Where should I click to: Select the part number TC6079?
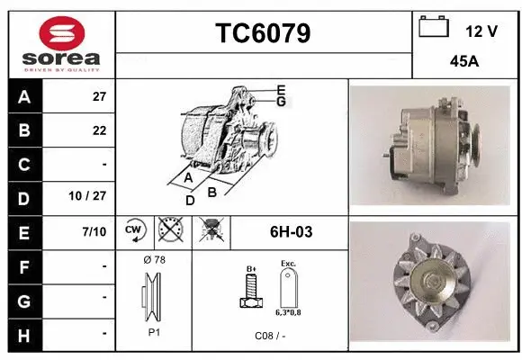coord(264,33)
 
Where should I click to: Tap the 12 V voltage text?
coord(481,31)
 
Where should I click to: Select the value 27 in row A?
coord(99,97)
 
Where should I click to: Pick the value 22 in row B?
coord(99,130)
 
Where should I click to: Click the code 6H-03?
coord(291,232)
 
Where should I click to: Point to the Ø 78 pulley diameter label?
coord(154,260)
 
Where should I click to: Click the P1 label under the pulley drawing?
coord(154,331)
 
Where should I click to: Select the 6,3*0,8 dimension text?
coord(288,313)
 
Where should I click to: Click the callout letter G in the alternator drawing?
coord(282,102)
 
